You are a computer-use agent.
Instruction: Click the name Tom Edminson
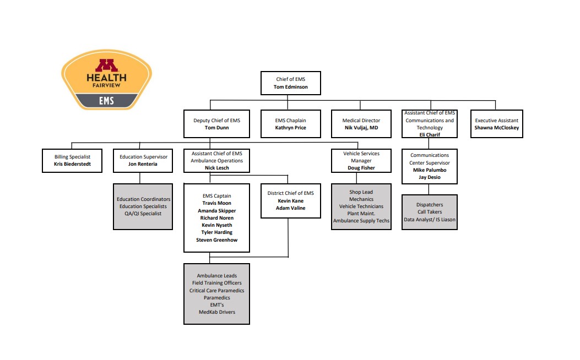290,87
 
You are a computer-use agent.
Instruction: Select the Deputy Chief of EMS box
216,124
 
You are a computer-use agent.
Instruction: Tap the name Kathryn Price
290,128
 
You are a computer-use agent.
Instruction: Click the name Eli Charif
430,135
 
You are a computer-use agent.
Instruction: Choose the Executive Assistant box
496,124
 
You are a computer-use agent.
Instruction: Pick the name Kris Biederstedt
73,164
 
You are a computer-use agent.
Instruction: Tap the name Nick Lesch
216,168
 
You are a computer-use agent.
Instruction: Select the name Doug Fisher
361,167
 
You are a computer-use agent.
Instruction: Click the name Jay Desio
430,177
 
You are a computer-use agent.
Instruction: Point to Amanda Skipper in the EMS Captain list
216,211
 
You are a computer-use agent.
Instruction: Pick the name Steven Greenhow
216,239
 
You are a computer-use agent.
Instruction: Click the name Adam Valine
290,208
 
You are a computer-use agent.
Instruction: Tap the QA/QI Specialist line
143,214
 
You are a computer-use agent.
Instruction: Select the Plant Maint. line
361,214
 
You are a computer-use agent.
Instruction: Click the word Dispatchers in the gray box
430,205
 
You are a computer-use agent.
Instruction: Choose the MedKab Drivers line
216,312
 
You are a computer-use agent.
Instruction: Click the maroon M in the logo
106,66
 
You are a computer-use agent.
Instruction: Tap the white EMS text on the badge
106,101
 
